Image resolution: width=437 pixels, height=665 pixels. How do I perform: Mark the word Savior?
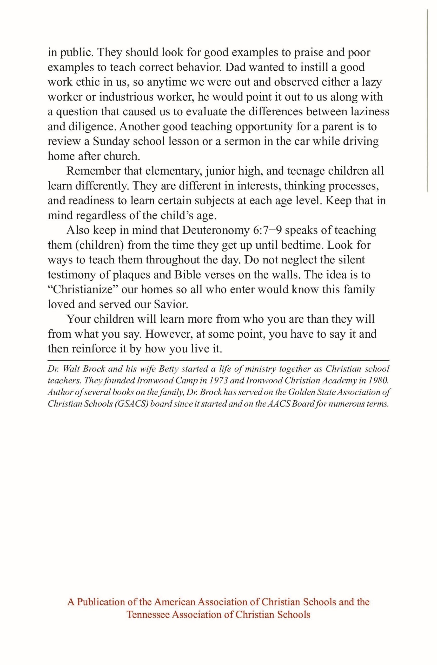tap(171, 304)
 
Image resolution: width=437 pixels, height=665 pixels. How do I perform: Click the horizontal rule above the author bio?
tap(218, 361)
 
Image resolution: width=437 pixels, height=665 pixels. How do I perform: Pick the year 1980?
tap(379, 381)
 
